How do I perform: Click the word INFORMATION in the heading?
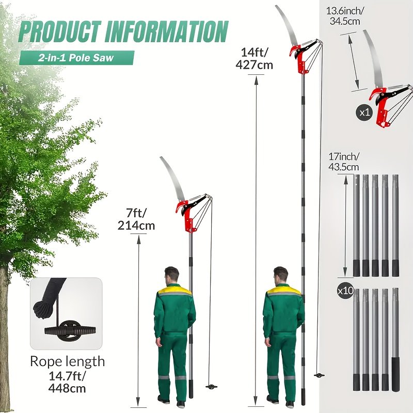[x=167, y=32]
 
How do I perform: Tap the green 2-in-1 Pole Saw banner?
[x=76, y=58]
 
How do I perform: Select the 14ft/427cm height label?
[x=254, y=58]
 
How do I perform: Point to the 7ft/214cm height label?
[x=136, y=219]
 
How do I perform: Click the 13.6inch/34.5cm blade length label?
[x=345, y=16]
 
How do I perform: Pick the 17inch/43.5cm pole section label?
[x=343, y=162]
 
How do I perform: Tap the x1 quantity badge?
[x=364, y=113]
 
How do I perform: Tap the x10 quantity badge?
[x=345, y=291]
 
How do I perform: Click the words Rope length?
[x=68, y=361]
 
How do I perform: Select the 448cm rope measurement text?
[x=68, y=389]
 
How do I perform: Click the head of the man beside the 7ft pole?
[x=172, y=275]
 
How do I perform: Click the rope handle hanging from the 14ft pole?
[x=319, y=375]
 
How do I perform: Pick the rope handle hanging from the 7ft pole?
[x=211, y=387]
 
